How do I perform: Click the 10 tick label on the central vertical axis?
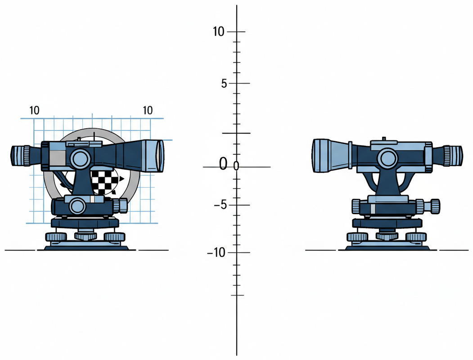click(218, 31)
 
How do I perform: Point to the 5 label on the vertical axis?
click(224, 84)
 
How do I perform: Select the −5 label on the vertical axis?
click(220, 205)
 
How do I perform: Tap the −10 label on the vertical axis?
click(216, 252)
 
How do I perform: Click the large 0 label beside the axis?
click(223, 163)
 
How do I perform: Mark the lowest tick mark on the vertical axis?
click(238, 295)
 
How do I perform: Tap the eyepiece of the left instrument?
click(21, 156)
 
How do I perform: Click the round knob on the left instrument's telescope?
click(80, 157)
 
